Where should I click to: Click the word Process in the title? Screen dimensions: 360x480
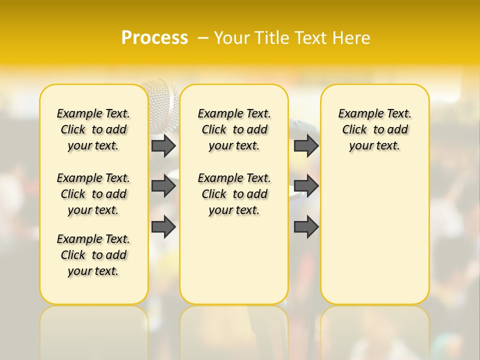154,38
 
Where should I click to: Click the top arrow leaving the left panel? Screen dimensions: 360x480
163,145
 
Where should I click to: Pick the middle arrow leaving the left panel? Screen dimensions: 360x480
163,186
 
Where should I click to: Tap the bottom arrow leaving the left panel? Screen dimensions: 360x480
163,226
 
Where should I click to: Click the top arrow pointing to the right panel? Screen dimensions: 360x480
306,145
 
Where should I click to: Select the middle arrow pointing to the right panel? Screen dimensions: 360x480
306,186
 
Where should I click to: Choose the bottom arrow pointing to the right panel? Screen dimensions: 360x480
306,226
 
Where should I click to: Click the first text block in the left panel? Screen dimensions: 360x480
93,129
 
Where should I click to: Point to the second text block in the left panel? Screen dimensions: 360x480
93,194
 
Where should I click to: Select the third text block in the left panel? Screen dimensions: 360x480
93,255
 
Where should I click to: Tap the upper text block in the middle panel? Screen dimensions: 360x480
234,129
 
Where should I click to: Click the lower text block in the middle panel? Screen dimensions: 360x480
234,194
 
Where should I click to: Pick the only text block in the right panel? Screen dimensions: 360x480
374,129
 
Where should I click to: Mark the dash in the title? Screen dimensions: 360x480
203,38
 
